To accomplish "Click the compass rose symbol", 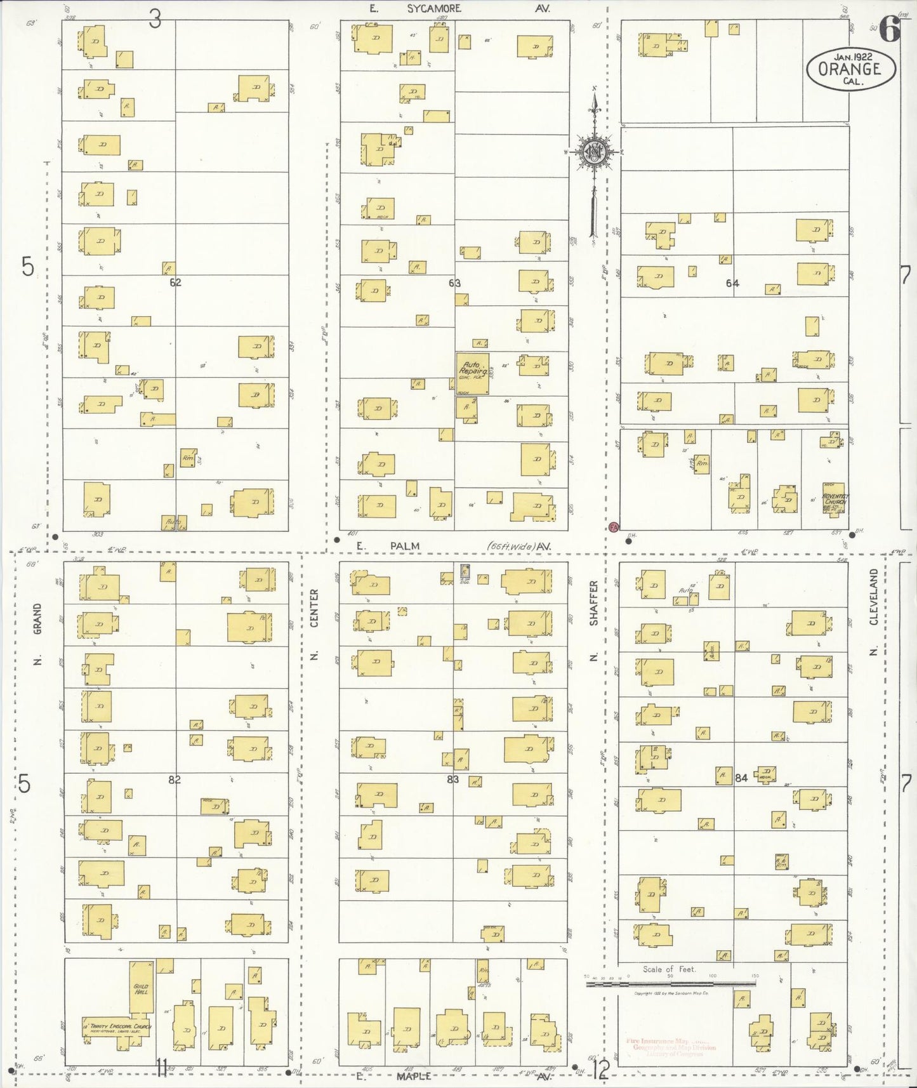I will click(595, 152).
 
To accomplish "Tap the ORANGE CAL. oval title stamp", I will click(851, 69).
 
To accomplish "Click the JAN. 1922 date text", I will click(852, 56).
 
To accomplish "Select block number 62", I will click(175, 282).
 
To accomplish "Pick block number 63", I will click(454, 283).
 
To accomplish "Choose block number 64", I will click(732, 283).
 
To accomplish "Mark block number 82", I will click(175, 780).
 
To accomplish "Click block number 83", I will click(452, 780).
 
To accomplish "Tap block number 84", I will click(741, 778).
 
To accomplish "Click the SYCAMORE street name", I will click(434, 8).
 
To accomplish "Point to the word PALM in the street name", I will click(405, 546).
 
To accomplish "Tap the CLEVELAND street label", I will click(873, 597).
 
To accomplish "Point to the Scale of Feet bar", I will click(671, 984).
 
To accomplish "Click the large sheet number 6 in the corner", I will click(890, 29).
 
